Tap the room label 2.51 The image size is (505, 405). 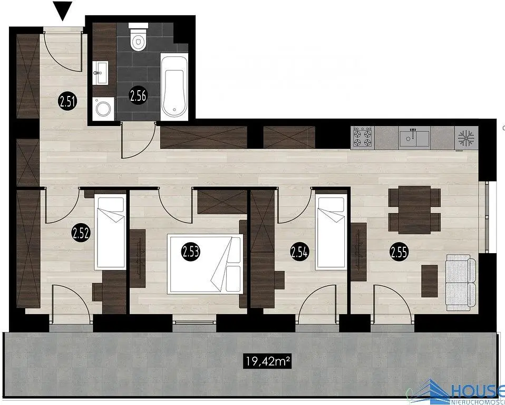pos(67,101)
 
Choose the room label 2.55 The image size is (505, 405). pos(399,252)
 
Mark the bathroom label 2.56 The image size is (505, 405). pos(138,95)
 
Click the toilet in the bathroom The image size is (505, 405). pos(138,37)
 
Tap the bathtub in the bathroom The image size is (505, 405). pos(174,87)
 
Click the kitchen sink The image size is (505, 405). pos(414,138)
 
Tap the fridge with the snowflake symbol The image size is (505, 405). pos(466,138)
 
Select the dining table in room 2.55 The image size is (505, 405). pos(414,210)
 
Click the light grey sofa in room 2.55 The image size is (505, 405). pos(461,282)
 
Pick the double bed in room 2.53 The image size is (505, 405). pos(205,264)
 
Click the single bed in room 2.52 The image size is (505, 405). pos(110,232)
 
